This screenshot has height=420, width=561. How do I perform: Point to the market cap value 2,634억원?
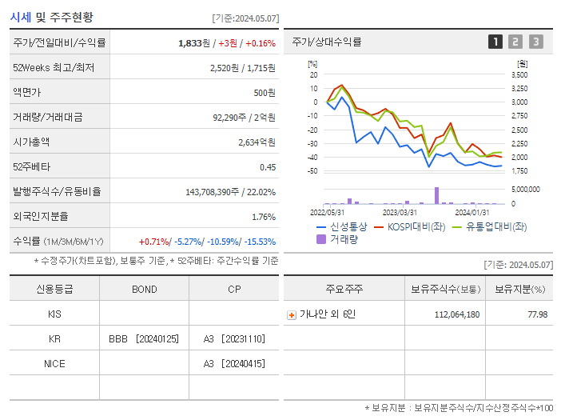point(257,142)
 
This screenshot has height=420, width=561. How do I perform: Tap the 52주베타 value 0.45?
point(267,166)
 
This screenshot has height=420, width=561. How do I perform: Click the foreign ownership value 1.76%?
point(263,216)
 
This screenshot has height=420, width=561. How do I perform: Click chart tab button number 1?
point(495,42)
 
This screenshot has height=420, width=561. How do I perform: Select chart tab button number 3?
point(535,42)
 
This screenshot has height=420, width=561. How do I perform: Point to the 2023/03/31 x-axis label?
point(400,212)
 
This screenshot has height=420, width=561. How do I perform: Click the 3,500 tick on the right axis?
point(519,74)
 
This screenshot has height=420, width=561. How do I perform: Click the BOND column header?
point(144,289)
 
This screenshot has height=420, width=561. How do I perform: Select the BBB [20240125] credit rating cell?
point(144,338)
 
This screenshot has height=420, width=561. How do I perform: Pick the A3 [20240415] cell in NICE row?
point(233,363)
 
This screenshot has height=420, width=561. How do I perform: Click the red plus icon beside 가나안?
point(291,314)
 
